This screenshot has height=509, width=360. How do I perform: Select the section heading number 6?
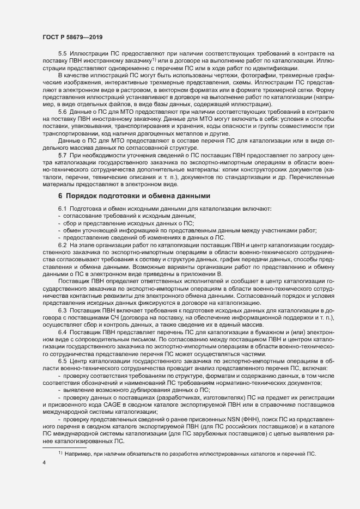click(x=60, y=211)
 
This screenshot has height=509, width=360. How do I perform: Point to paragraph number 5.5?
click(x=62, y=54)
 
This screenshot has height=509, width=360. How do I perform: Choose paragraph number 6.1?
click(x=62, y=224)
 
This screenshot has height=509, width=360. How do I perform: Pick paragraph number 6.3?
click(x=62, y=310)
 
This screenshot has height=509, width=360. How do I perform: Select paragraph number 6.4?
click(x=62, y=332)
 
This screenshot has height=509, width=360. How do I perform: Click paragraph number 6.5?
click(x=62, y=360)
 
